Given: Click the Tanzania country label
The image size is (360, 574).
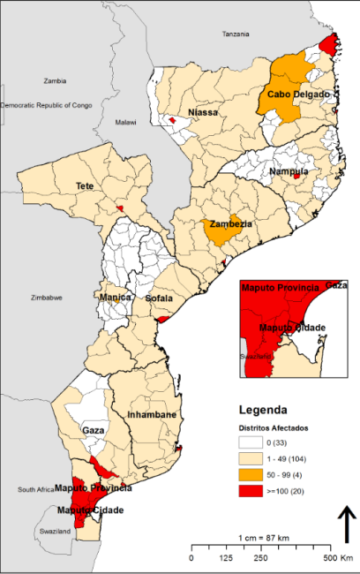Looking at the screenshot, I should (x=236, y=34).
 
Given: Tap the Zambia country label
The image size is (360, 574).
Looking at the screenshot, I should (x=56, y=79).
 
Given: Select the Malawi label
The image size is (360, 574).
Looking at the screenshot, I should (x=126, y=122).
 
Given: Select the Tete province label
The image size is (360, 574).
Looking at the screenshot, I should (x=85, y=186).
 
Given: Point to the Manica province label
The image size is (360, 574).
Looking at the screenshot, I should (x=116, y=298).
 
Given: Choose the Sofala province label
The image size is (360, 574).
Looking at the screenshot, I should (x=160, y=299).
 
